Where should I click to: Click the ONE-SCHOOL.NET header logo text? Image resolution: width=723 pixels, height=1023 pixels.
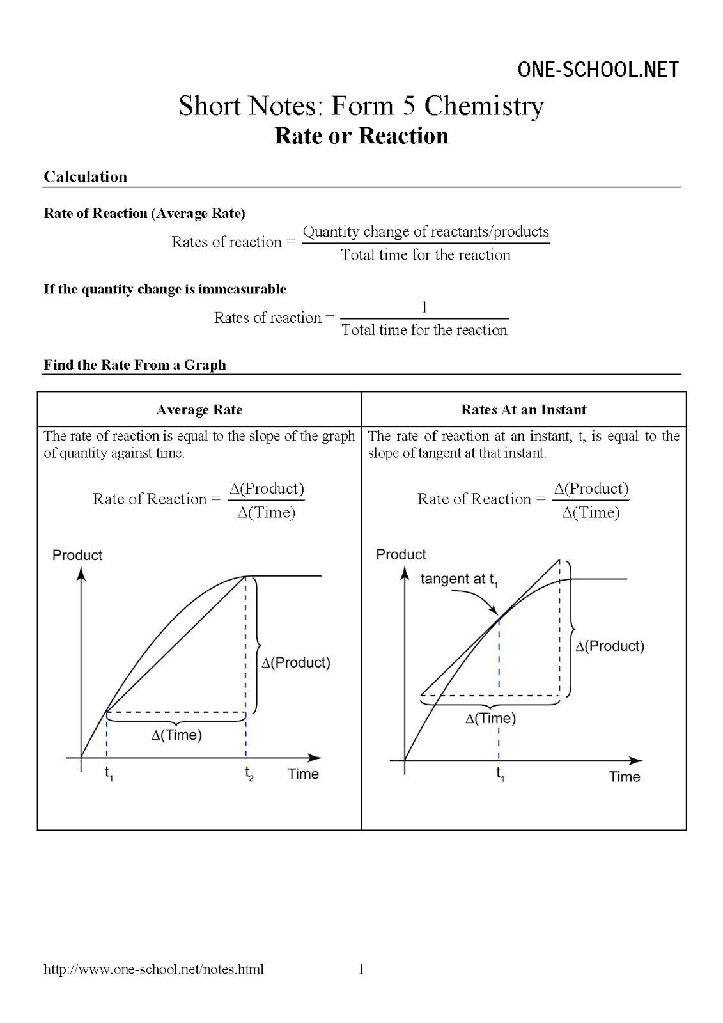click(x=598, y=70)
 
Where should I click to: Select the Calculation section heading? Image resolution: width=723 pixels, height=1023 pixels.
click(x=86, y=176)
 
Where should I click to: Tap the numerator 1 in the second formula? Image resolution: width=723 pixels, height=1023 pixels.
click(x=424, y=308)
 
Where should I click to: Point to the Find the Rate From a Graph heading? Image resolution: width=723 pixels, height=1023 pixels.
click(x=135, y=365)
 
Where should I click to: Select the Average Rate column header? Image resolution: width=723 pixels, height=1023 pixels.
click(x=199, y=410)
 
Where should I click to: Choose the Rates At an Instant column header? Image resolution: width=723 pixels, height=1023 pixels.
click(x=524, y=410)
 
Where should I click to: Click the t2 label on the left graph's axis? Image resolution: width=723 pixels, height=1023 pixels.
click(x=249, y=774)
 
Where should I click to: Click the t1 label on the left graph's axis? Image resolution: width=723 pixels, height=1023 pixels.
click(x=109, y=774)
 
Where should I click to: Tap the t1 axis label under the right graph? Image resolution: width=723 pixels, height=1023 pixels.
click(x=500, y=774)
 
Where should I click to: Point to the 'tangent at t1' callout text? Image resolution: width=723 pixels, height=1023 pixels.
click(x=458, y=579)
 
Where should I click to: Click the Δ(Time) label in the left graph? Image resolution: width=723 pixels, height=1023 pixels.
click(x=176, y=735)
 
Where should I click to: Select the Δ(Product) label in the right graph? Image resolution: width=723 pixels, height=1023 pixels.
click(x=610, y=646)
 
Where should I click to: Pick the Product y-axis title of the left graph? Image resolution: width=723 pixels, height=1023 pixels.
click(x=77, y=555)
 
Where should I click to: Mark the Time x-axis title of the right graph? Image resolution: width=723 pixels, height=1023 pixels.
click(x=625, y=777)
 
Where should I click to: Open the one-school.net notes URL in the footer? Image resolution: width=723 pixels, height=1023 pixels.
click(x=153, y=969)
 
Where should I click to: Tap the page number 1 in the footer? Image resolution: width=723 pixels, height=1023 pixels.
click(x=361, y=969)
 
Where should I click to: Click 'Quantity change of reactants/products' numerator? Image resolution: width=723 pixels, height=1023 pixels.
click(x=426, y=231)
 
